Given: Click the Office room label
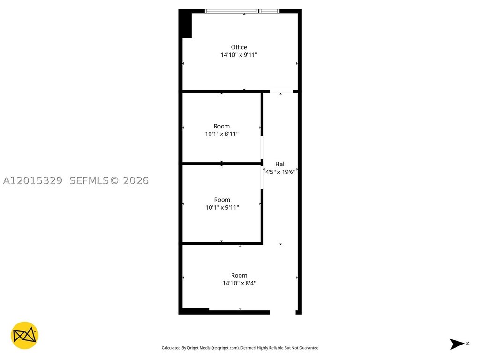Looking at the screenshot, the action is coord(239,47).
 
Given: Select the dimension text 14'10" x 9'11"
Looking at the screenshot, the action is coord(239,55).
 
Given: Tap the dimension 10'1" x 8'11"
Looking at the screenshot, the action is coord(222,134).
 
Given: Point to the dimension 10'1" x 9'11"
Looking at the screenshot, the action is coord(222,208).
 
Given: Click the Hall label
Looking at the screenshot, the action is coord(280,164).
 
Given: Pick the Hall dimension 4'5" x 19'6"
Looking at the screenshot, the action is coord(280,172).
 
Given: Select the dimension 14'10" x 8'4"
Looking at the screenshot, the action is coord(239,283).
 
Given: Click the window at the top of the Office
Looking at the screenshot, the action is coord(242,11).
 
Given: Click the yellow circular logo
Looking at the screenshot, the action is coord(24,336).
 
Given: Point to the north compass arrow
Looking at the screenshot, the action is coord(457,344).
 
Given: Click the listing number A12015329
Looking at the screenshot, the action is coord(32,180).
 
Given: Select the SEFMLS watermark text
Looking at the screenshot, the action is coord(89,180).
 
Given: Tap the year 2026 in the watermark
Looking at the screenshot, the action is coord(135,180).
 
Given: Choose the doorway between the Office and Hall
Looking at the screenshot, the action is coord(282,91).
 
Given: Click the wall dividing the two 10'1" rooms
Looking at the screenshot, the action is coord(222,164).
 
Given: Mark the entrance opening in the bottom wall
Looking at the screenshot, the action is coord(283,312).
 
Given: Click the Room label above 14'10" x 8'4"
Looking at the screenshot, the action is coord(239,276).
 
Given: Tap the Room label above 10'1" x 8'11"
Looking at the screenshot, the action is coord(222,126).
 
